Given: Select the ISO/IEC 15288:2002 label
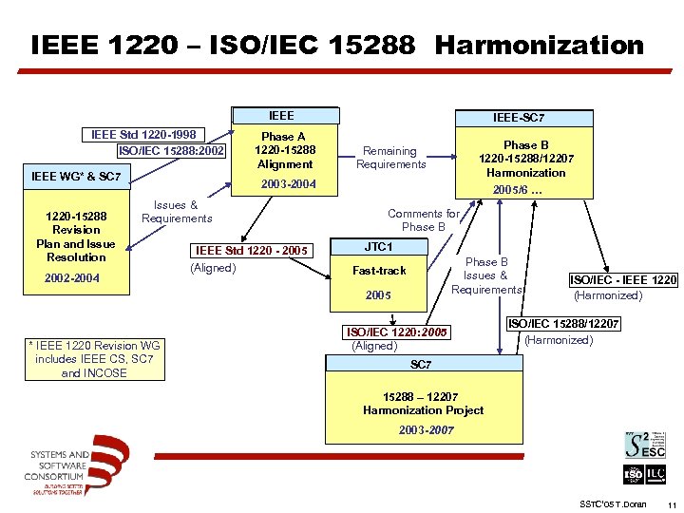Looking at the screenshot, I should coord(171,150).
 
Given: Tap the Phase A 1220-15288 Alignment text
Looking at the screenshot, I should coord(284,150).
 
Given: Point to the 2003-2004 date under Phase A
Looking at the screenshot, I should coord(287,183).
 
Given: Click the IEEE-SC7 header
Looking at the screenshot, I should coord(519,118).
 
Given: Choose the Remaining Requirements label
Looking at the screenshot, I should coord(390,158).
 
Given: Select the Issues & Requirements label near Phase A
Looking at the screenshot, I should coord(177,212).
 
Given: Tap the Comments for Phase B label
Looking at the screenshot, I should coord(423,220).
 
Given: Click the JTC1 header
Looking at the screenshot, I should coord(378,247).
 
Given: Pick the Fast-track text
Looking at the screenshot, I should coord(378,271).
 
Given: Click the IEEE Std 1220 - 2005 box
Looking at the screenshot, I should coord(252,251).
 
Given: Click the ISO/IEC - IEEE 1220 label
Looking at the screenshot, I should coord(623,279).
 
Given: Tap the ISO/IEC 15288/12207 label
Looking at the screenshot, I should coord(564,324).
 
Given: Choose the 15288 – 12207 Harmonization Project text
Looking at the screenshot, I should coord(423,404).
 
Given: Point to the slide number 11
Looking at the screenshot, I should coord(672,503).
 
